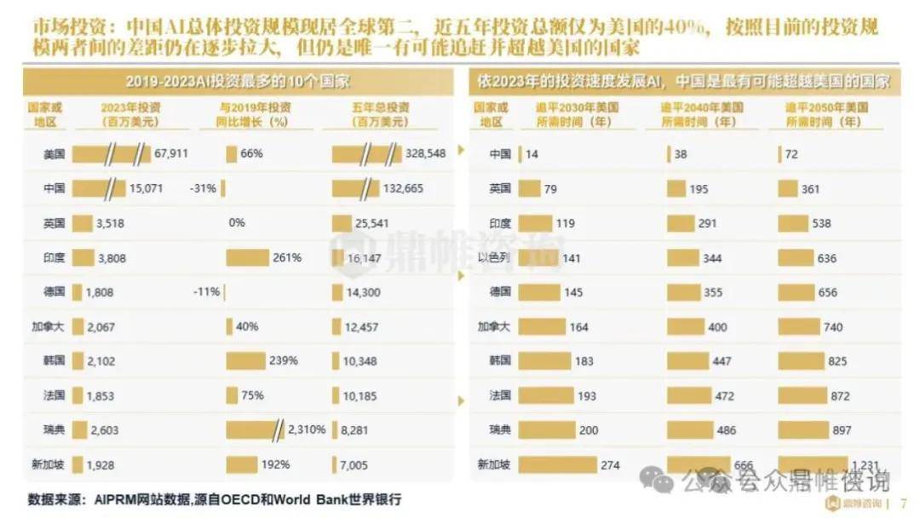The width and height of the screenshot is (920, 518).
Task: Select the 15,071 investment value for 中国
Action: pos(146,188)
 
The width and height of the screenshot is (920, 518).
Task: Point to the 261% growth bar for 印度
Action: pos(248,257)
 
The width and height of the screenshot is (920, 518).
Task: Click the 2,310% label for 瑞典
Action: pos(308,430)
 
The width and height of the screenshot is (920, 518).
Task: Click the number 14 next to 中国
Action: pos(532,154)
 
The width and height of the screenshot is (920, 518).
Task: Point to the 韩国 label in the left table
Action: pos(54,360)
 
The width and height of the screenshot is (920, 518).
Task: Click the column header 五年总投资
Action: pos(380,108)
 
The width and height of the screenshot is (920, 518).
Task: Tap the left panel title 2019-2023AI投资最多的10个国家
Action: pos(238,82)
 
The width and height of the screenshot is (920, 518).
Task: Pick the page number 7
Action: pos(903,503)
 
